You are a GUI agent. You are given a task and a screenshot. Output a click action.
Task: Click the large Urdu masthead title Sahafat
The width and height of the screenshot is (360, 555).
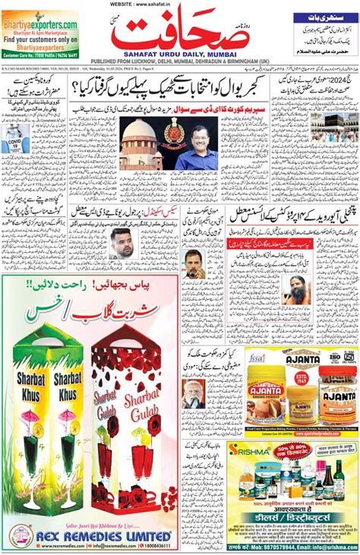(x=180, y=35)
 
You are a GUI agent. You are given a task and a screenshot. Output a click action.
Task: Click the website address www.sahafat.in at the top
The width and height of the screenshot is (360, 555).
(x=180, y=4)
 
